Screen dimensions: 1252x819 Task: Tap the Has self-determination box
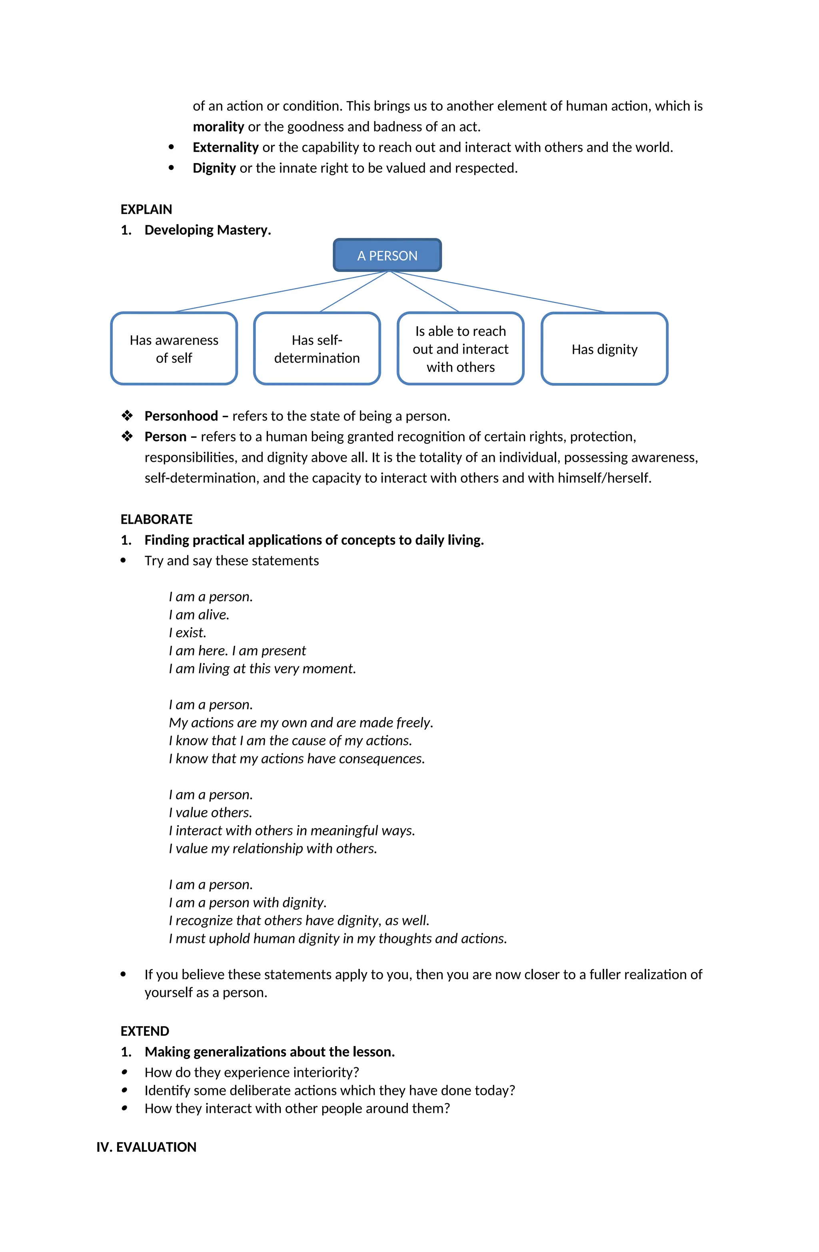click(x=316, y=349)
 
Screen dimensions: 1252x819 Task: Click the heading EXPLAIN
click(x=146, y=209)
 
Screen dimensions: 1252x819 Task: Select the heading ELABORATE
click(x=156, y=519)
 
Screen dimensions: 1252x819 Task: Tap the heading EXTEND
click(x=145, y=1031)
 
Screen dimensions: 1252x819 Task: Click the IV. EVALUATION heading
click(x=146, y=1147)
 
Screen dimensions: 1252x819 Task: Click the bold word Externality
click(x=225, y=147)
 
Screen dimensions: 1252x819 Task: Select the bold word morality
click(x=218, y=127)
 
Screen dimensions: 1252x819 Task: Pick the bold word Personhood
click(x=181, y=416)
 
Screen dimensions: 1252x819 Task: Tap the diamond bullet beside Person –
click(x=127, y=437)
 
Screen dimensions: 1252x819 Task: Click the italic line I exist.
click(x=188, y=632)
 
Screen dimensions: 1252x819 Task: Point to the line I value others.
click(x=210, y=812)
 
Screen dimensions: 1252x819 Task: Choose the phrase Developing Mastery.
click(x=208, y=230)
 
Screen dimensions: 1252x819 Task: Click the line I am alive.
click(x=199, y=614)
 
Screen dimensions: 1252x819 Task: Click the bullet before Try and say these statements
click(x=123, y=561)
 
